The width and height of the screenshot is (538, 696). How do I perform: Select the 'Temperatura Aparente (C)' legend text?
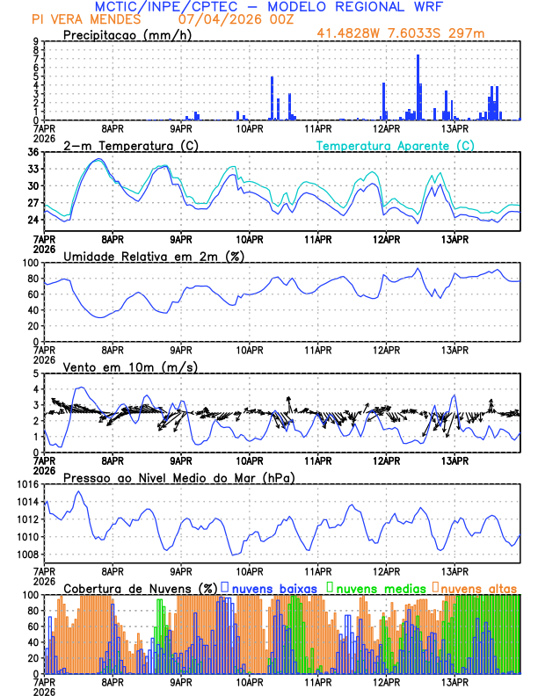[395, 145]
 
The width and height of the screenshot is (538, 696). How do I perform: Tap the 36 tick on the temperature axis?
[33, 153]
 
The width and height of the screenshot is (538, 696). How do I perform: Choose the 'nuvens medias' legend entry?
[378, 587]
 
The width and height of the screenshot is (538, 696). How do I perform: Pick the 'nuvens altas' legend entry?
[478, 587]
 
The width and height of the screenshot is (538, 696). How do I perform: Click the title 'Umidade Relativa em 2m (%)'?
[154, 256]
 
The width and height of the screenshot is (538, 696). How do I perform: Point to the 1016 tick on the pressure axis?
[26, 484]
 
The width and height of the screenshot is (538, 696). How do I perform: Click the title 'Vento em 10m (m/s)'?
[131, 366]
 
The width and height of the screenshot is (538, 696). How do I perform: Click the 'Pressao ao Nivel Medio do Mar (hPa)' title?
[178, 477]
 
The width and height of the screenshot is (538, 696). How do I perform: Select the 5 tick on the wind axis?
[35, 373]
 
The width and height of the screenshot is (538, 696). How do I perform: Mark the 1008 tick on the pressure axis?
[26, 554]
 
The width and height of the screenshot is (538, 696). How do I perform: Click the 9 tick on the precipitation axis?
[35, 41]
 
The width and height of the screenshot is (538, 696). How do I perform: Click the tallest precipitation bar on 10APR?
[272, 98]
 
